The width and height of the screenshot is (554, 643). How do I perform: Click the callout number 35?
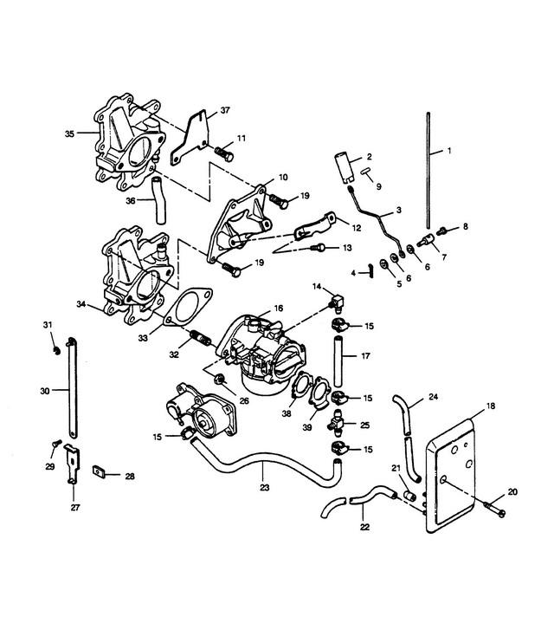pyautogui.click(x=69, y=133)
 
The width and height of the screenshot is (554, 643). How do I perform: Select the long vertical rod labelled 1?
pyautogui.click(x=428, y=171)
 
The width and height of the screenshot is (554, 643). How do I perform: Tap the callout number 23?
pyautogui.click(x=265, y=488)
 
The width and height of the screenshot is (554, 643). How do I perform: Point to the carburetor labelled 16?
pyautogui.click(x=262, y=354)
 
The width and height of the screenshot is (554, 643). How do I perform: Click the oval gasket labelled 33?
pyautogui.click(x=188, y=308)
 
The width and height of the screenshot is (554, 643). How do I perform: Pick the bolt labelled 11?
pyautogui.click(x=224, y=153)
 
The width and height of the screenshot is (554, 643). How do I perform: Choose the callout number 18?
pyautogui.click(x=491, y=406)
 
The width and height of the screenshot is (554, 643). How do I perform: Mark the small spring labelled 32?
pyautogui.click(x=201, y=338)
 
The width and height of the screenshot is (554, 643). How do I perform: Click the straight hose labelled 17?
pyautogui.click(x=338, y=361)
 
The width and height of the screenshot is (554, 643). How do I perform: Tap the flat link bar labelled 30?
pyautogui.click(x=73, y=388)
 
